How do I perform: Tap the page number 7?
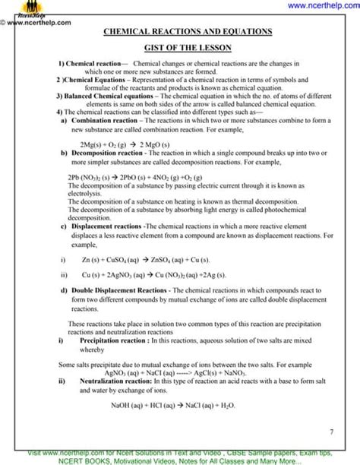coord(331,432)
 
